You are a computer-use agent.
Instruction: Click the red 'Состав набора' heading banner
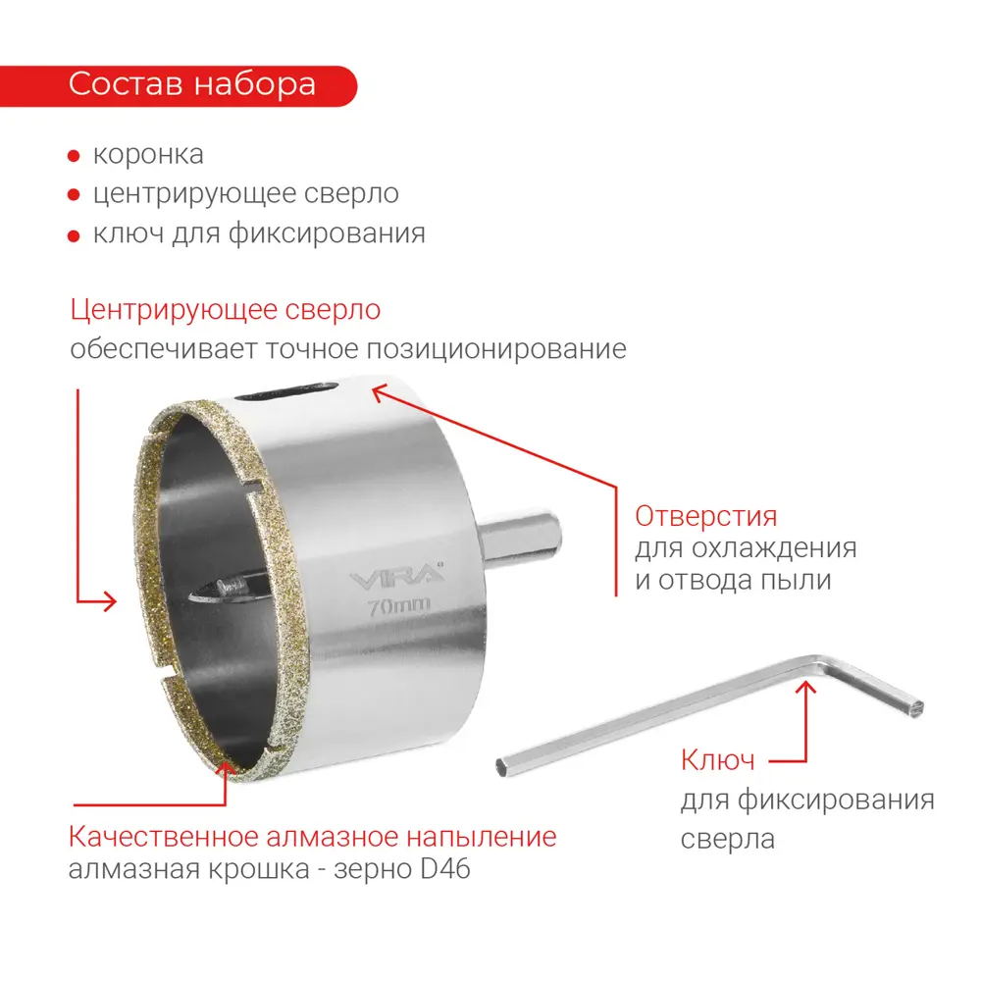tap(191, 84)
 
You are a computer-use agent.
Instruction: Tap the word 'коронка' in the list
tap(148, 154)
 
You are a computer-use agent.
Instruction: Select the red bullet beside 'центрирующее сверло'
tap(74, 195)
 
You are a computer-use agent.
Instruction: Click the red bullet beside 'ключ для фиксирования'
tap(74, 235)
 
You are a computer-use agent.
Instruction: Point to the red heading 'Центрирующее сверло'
tap(225, 310)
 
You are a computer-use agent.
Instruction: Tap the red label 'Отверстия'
tap(705, 516)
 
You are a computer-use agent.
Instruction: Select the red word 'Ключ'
tap(717, 760)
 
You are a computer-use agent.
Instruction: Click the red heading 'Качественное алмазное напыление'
tap(312, 837)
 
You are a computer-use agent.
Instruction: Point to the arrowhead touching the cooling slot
tap(378, 392)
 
